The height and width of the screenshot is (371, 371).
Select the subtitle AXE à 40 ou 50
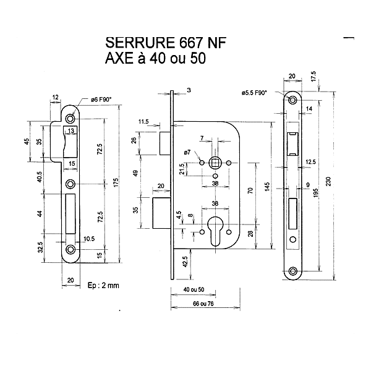click(155, 59)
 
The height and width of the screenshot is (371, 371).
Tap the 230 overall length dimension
click(336, 179)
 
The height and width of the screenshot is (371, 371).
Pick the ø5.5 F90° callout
click(254, 92)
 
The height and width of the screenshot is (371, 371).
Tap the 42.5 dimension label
click(184, 260)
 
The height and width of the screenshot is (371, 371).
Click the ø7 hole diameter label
click(187, 152)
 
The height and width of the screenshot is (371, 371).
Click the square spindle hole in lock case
click(215, 163)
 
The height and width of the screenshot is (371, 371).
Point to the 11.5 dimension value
click(145, 121)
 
